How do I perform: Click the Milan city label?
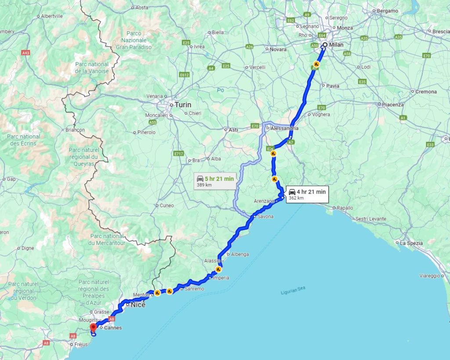pos(336,45)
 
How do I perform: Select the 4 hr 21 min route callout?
pos(307,194)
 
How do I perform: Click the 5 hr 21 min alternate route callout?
pos(215,180)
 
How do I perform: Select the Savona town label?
pos(265,216)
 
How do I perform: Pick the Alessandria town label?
pos(285,128)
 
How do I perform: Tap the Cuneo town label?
pos(167,205)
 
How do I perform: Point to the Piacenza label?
pos(393,104)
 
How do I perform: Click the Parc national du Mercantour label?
pos(107,240)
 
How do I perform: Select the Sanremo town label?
pos(194,289)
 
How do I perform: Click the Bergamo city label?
pos(387,11)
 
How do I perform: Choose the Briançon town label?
pos(74,130)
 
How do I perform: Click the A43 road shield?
pos(26,53)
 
